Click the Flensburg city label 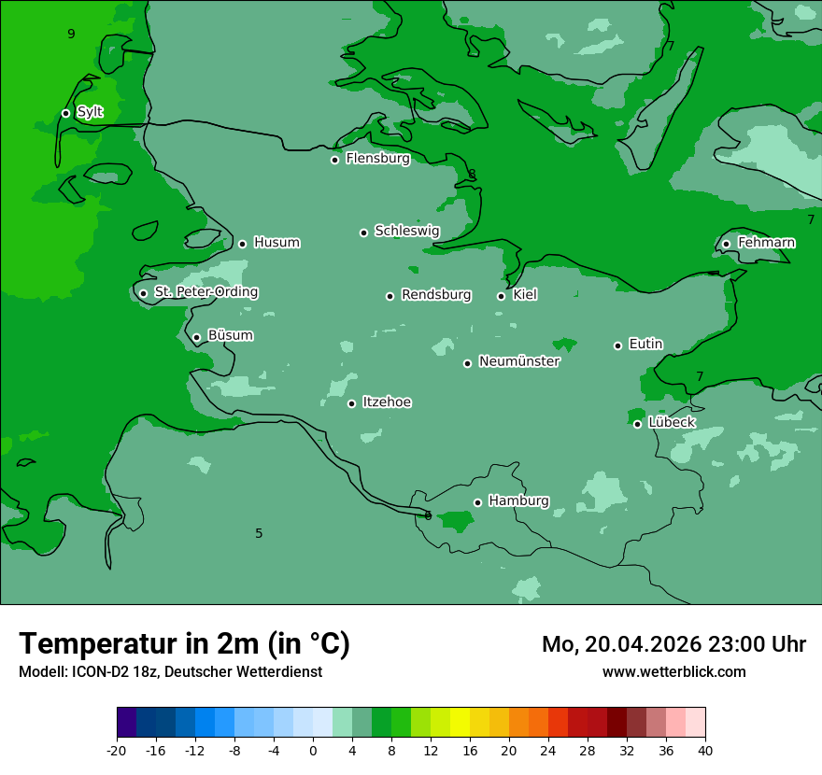click(377, 159)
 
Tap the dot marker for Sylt click(65, 113)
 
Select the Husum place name click(276, 243)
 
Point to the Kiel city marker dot click(501, 296)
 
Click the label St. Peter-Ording click(205, 292)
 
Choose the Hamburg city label click(518, 501)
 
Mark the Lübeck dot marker click(637, 424)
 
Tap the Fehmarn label click(766, 243)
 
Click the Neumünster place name click(519, 361)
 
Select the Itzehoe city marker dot click(351, 403)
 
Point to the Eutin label click(645, 345)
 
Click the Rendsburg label click(436, 295)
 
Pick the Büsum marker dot click(196, 337)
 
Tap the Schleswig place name click(406, 231)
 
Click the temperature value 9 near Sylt click(71, 35)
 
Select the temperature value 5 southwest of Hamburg click(259, 533)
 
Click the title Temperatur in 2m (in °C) click(184, 643)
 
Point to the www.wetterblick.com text click(673, 671)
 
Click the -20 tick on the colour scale click(117, 751)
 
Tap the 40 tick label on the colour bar click(705, 751)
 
